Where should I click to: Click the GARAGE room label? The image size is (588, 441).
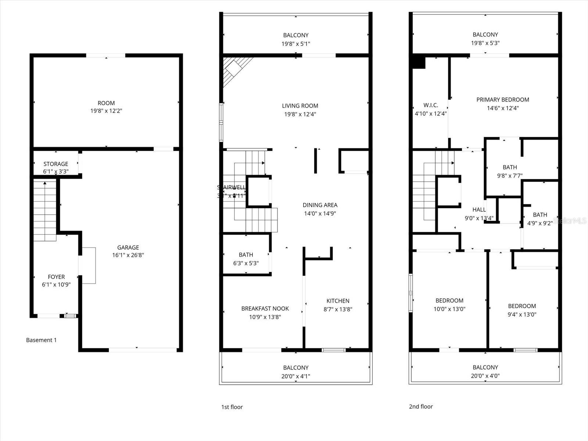pos(128,247)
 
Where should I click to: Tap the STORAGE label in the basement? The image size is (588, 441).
pos(56,164)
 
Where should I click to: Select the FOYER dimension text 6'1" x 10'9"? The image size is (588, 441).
pos(56,284)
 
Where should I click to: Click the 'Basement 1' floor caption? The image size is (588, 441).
pos(41,340)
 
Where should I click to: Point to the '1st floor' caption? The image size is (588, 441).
pos(232,407)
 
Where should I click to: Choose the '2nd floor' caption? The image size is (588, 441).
pos(421,406)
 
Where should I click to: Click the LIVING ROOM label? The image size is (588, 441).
pos(300,106)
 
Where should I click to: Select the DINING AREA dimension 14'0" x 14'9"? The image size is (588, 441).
pos(320,214)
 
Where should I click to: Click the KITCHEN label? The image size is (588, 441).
pos(338,301)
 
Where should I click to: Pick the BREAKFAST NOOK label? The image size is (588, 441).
pos(265,309)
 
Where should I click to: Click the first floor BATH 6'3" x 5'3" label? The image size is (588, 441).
pos(246,255)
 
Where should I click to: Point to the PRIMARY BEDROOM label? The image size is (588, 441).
pos(502,100)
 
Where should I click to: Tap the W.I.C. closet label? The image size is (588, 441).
pos(430,105)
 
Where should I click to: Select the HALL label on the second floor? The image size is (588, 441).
pos(479,209)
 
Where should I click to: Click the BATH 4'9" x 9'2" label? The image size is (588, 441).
pos(540,215)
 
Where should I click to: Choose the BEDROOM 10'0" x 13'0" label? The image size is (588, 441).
pos(449,301)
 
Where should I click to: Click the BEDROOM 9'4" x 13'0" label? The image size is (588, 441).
pos(522,306)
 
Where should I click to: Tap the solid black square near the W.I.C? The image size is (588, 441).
pos(419,62)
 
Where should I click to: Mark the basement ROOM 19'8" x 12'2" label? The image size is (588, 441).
pos(106,103)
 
